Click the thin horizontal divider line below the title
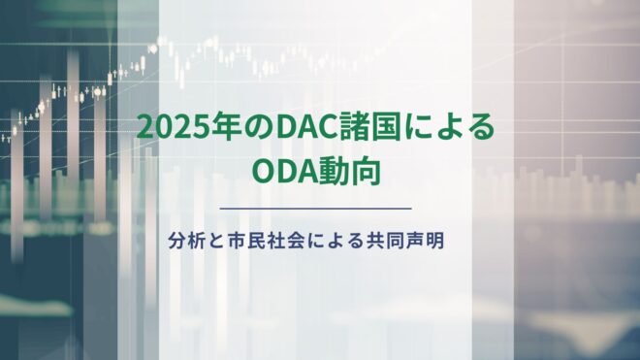tap(316, 208)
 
